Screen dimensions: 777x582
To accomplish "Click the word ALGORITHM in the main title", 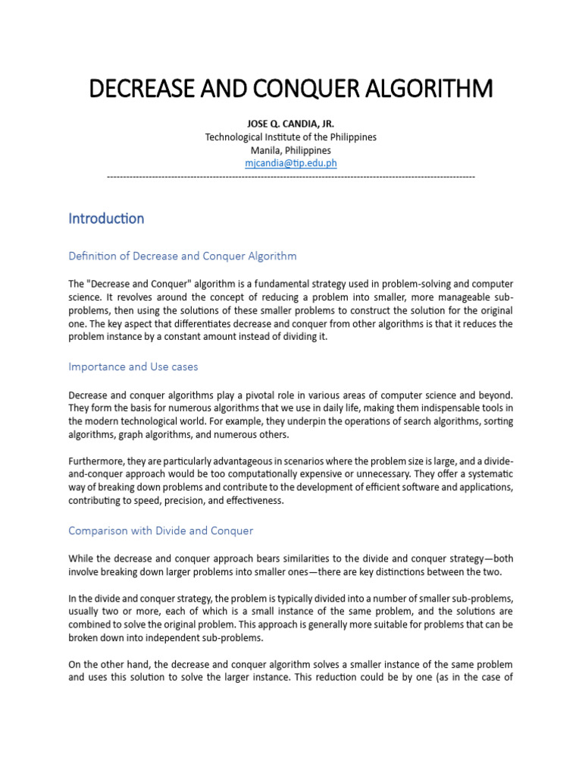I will [428, 90].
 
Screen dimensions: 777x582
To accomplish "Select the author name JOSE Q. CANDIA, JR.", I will [291, 124].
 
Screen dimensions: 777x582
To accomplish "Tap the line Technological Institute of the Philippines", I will [291, 137].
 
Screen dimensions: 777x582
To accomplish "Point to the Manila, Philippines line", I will [291, 150].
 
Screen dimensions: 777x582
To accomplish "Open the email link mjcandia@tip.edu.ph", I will [291, 163].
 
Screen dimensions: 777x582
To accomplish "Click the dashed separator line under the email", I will [291, 176].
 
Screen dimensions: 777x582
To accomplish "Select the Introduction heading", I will [106, 219].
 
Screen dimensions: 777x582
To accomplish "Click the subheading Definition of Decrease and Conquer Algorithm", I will [183, 256].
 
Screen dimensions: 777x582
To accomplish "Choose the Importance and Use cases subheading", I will [133, 366].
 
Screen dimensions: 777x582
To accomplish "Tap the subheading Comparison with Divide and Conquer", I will [161, 530].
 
